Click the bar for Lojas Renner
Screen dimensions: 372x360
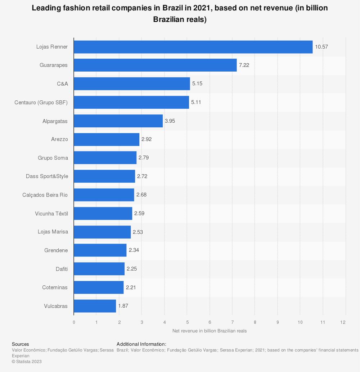point(193,47)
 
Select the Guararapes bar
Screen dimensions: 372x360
point(155,65)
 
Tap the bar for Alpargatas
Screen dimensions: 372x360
point(118,121)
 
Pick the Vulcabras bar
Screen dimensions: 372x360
point(95,306)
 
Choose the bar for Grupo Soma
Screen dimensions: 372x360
point(105,158)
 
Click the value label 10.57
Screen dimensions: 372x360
point(321,47)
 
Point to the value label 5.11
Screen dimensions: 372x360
point(196,102)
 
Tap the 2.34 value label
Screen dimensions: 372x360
point(134,250)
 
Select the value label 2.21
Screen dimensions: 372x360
point(131,287)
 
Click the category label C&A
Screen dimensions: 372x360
point(62,84)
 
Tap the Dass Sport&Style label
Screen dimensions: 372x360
point(47,176)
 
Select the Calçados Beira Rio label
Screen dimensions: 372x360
point(45,195)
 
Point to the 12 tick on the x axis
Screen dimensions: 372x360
point(345,322)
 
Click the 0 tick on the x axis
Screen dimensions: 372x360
point(74,322)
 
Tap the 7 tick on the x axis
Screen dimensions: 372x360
point(232,322)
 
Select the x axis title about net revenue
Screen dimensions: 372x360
point(210,331)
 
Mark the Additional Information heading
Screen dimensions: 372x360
point(141,344)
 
